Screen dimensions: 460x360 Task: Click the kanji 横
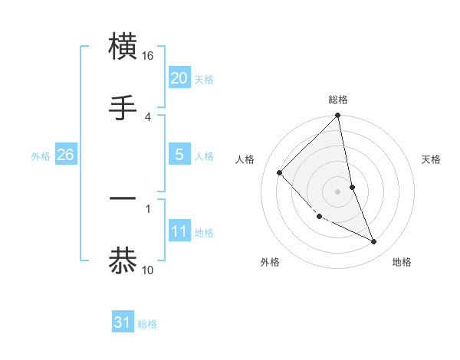point(123,47)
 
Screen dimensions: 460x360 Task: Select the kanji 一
point(123,201)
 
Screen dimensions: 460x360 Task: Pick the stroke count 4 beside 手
point(148,116)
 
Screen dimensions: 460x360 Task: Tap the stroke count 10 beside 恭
point(148,270)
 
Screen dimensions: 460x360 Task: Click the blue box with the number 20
point(179,77)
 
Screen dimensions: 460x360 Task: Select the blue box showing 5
point(179,155)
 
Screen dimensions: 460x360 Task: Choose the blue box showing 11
point(179,231)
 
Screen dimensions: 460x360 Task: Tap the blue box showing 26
point(65,155)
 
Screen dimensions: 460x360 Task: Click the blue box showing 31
point(123,322)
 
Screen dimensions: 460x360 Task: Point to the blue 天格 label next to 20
point(204,80)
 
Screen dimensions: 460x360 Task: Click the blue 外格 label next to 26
point(41,156)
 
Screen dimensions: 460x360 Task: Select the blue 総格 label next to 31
point(147,324)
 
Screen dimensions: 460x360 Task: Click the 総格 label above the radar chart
point(338,100)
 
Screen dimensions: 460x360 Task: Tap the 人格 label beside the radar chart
point(245,159)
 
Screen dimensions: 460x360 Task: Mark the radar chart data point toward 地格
point(374,242)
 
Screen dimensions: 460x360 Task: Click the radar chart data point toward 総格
point(338,116)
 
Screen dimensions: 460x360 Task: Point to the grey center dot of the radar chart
point(338,191)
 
